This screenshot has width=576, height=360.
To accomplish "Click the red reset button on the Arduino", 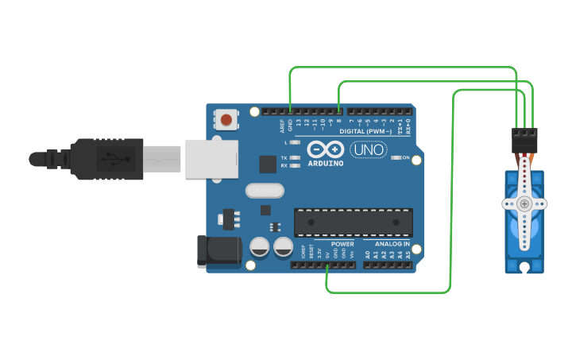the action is (x=226, y=120).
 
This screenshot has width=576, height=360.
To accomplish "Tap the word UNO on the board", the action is (x=368, y=149).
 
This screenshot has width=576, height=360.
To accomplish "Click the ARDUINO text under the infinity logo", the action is (x=325, y=163).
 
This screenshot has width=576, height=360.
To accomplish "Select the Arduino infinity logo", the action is (x=325, y=149).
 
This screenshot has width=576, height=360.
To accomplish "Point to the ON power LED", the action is (x=396, y=158).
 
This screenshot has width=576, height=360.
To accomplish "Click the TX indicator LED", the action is (x=296, y=158).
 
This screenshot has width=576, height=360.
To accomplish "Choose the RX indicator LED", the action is (x=296, y=165).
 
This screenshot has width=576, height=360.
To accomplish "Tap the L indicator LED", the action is (x=296, y=142).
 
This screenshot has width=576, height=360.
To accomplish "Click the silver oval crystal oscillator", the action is (x=265, y=191).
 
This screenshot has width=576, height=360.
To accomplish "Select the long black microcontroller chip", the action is (x=354, y=222).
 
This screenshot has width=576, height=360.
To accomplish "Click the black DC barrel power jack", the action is (x=218, y=250).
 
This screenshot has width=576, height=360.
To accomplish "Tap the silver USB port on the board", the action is (x=212, y=158).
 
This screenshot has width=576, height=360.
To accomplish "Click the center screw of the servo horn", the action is (x=524, y=203).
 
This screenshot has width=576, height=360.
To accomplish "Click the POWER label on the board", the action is (x=342, y=244).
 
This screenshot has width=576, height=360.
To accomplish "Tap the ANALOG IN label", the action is (x=392, y=244).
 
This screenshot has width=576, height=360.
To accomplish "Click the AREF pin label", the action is (x=282, y=124).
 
